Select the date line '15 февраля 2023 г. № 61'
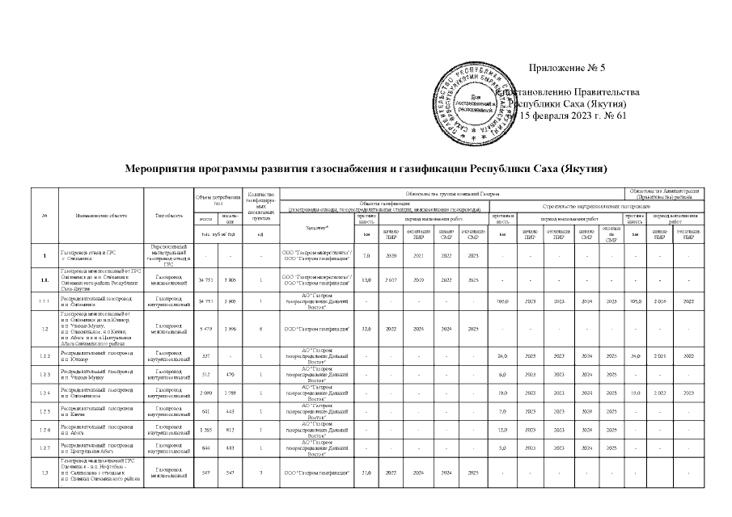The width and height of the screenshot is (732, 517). [x=572, y=116]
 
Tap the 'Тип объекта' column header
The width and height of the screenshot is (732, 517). [x=168, y=216]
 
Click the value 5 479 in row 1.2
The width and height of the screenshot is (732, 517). [x=205, y=330]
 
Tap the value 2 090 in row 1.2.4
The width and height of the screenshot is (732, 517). [x=205, y=393]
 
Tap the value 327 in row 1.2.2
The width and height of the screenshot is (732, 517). [x=205, y=355]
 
